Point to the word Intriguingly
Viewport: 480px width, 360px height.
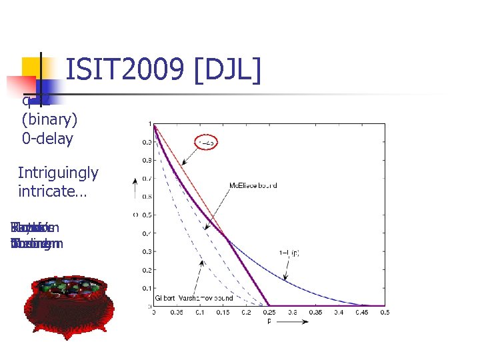pos(58,173)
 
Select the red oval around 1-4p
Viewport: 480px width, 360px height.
pos(207,142)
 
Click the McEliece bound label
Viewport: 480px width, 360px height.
pos(253,185)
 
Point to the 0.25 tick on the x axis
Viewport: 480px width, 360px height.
pos(269,312)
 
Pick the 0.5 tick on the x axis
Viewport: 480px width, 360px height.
pos(385,312)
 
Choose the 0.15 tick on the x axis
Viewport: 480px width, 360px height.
pos(223,312)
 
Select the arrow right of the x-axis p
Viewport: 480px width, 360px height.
pos(297,321)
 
